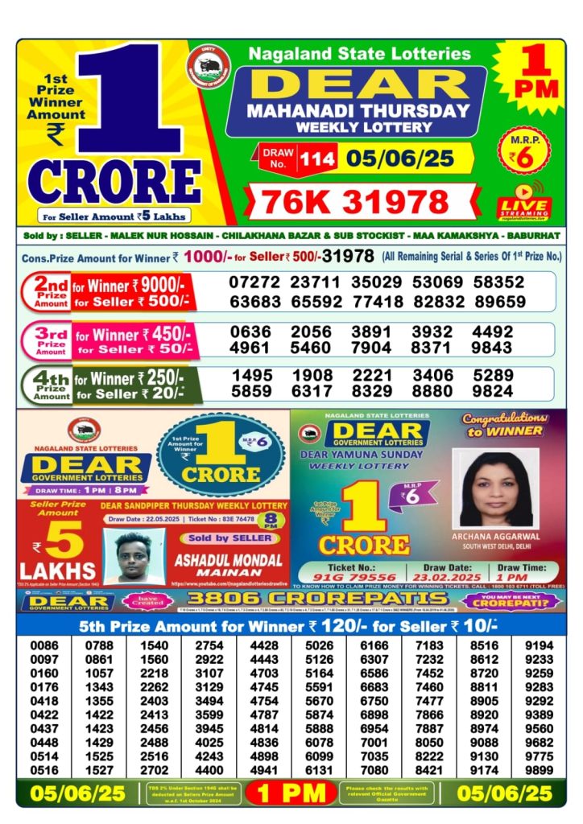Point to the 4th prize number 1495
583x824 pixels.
pyautogui.click(x=252, y=377)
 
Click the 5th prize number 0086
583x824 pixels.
pyautogui.click(x=44, y=645)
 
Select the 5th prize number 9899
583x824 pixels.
pyautogui.click(x=540, y=770)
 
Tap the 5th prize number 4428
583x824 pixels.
pyautogui.click(x=263, y=645)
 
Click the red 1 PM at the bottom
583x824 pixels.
pyautogui.click(x=291, y=793)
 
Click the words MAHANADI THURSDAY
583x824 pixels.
pyautogui.click(x=358, y=111)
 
